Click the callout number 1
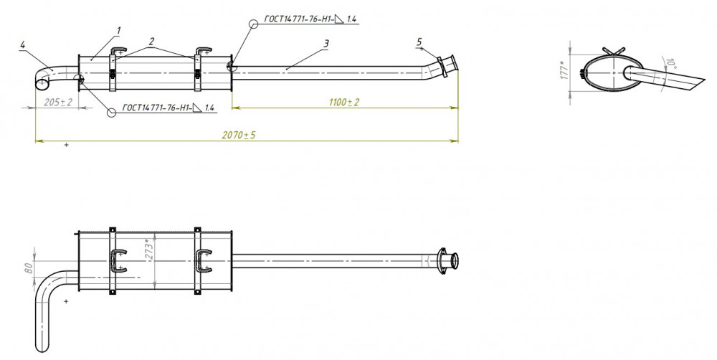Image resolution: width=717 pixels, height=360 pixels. coord(119,31)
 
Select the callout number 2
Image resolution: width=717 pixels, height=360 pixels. coord(152,41)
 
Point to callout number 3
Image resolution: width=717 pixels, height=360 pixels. coord(326,44)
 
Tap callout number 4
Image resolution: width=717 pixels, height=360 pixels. coord(22,44)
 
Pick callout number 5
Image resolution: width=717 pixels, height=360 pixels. coord(419,42)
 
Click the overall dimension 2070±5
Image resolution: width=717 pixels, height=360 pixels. coord(239,136)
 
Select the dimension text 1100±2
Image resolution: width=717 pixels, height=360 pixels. coord(344,102)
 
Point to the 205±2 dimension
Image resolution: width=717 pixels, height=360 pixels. coord(58,102)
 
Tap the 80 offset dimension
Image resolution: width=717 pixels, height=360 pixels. coord(29,267)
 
